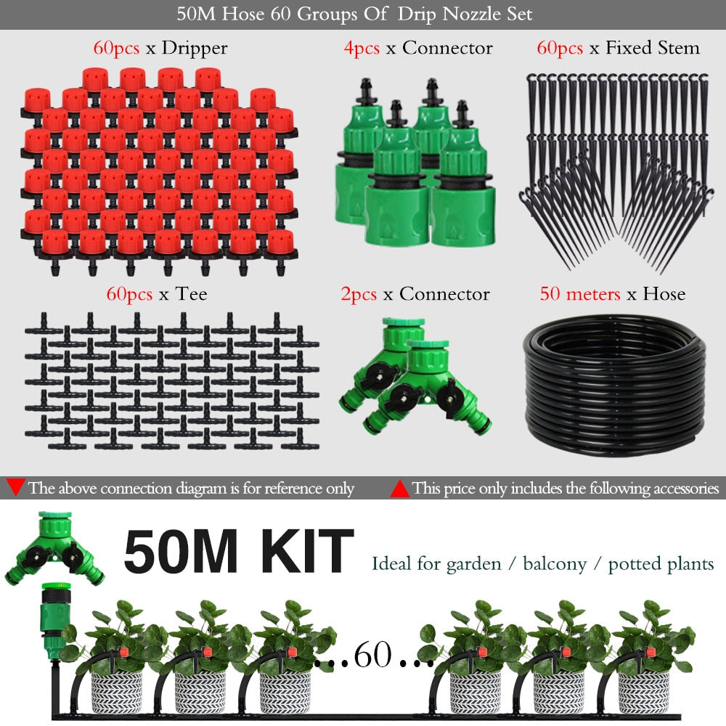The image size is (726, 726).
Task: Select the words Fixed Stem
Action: (653, 48)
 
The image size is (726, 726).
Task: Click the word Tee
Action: (191, 294)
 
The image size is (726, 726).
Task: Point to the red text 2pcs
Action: (359, 295)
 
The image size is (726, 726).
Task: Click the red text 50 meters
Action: (579, 294)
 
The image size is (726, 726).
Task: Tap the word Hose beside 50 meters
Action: (664, 294)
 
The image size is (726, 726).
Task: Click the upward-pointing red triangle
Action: (399, 489)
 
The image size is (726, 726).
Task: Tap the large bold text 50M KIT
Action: (238, 552)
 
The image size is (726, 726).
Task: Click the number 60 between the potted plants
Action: (372, 655)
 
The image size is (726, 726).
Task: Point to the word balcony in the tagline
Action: (554, 564)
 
